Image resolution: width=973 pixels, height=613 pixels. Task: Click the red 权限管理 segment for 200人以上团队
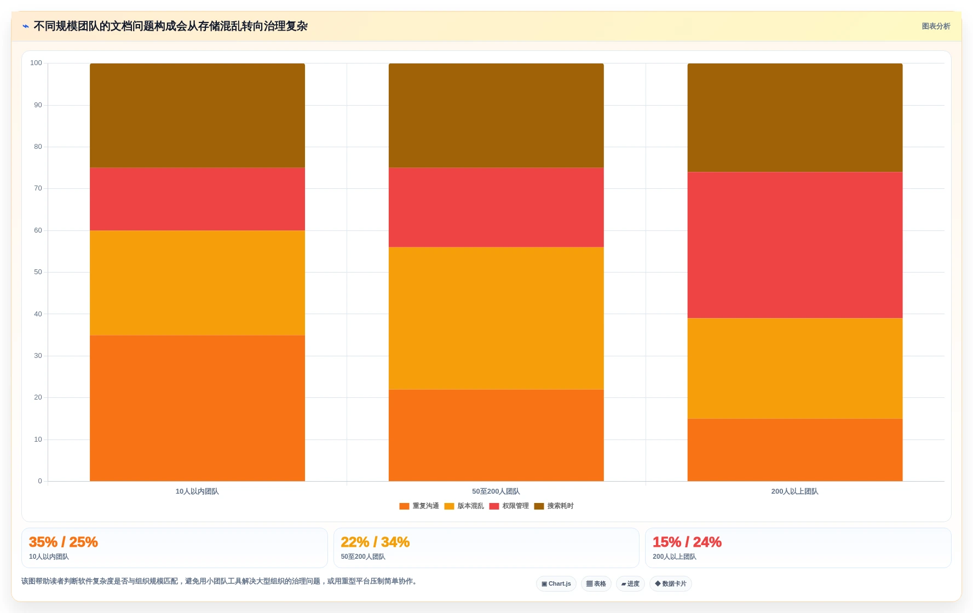pyautogui.click(x=794, y=245)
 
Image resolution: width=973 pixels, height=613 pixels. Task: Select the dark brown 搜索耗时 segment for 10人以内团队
pyautogui.click(x=197, y=115)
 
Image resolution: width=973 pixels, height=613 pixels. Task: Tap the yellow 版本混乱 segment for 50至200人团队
pyautogui.click(x=496, y=319)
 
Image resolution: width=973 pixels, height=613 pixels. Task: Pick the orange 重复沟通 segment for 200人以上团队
pyautogui.click(x=794, y=450)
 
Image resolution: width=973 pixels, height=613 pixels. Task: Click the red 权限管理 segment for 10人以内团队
pyautogui.click(x=197, y=199)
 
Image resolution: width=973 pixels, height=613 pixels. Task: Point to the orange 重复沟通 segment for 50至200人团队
pyautogui.click(x=496, y=436)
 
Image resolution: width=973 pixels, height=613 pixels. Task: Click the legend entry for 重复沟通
pyautogui.click(x=419, y=506)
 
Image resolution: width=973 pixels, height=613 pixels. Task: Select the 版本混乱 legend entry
pyautogui.click(x=464, y=506)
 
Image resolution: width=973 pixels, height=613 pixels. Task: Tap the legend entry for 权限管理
pyautogui.click(x=509, y=506)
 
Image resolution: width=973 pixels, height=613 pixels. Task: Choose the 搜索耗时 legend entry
pyautogui.click(x=554, y=506)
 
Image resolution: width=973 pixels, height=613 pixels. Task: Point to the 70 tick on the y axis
pyautogui.click(x=38, y=188)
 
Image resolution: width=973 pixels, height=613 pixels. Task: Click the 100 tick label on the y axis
pyautogui.click(x=36, y=63)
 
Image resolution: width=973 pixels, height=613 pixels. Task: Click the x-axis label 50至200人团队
pyautogui.click(x=496, y=491)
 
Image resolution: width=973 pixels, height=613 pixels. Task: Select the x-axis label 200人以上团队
pyautogui.click(x=794, y=491)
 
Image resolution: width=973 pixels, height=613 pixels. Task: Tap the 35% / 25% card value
pyautogui.click(x=64, y=542)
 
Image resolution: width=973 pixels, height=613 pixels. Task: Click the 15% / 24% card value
pyautogui.click(x=687, y=542)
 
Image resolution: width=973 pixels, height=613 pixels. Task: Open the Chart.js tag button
pyautogui.click(x=556, y=584)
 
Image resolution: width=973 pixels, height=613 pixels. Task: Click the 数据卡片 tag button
pyautogui.click(x=671, y=584)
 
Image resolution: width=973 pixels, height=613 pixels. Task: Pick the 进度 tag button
pyautogui.click(x=630, y=584)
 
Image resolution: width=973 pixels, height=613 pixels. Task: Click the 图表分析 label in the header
pyautogui.click(x=936, y=26)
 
